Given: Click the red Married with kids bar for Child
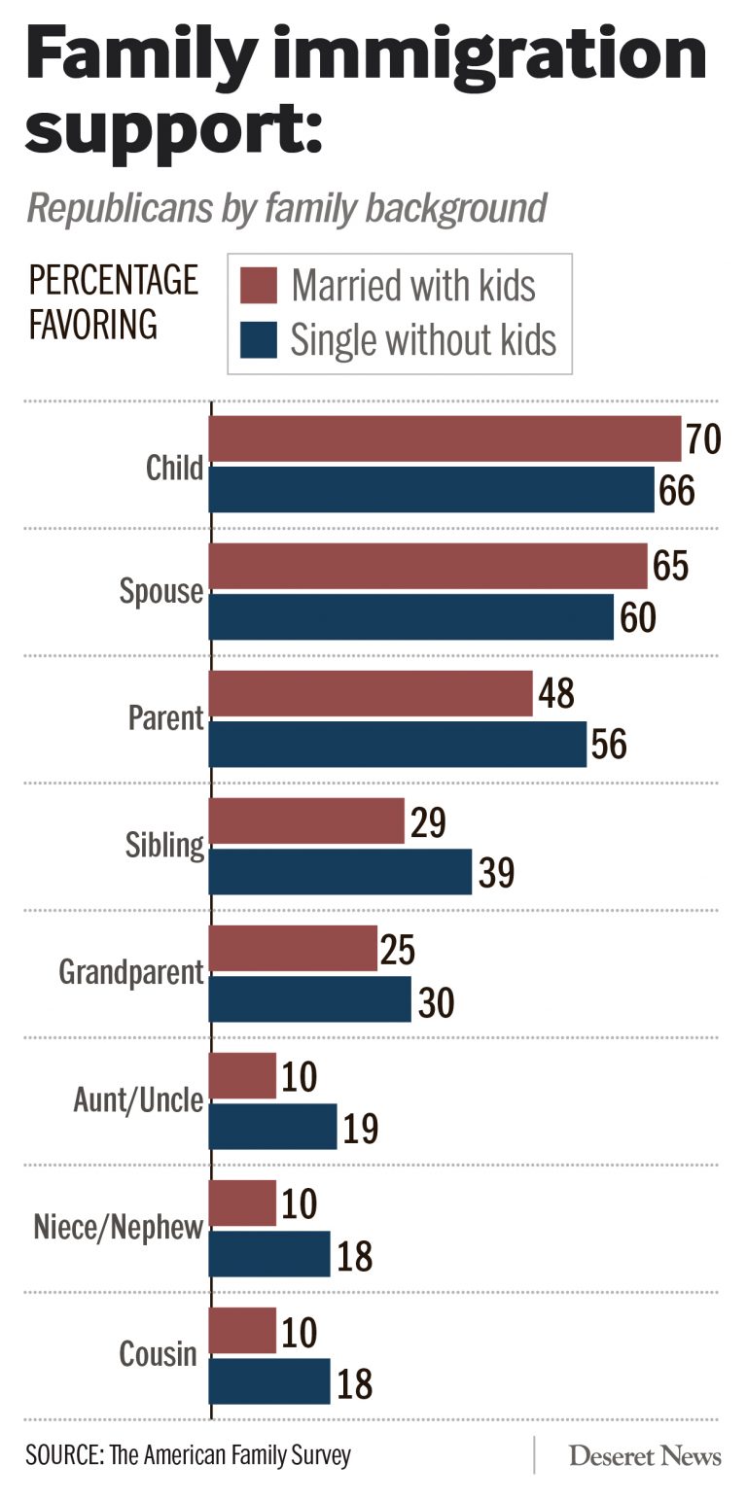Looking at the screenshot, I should pos(445,438).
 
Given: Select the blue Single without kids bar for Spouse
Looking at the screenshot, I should pos(411,616).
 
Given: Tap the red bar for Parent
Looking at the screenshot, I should pos(371,693).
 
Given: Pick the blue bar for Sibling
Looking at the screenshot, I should pos(340,872).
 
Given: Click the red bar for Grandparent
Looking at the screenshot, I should pos(293,948).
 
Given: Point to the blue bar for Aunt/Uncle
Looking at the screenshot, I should pos(273,1127).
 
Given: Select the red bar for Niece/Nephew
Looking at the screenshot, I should pos(243,1203).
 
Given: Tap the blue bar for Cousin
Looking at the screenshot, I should pos(270,1381).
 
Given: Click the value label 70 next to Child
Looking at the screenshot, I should pos(702,439).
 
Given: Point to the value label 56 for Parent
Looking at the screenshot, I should pos(608,745).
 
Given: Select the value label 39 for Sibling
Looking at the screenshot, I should pos(495,873).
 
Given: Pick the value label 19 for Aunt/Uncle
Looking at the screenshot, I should pos(359,1128).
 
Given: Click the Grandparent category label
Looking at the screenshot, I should pos(131,973).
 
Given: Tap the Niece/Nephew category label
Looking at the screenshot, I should pos(118,1228).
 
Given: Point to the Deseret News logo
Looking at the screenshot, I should pos(645,1455).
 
